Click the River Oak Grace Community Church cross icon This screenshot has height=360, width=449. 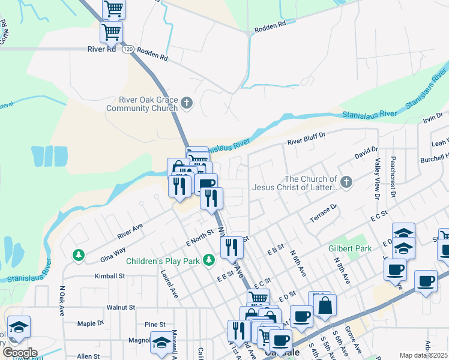point(187,103)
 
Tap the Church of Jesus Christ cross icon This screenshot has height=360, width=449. point(346,181)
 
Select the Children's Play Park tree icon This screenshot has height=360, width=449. point(208,260)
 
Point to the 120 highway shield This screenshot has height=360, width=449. point(128,50)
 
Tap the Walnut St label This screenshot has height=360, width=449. point(120,307)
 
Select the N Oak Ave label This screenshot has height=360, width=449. point(62,301)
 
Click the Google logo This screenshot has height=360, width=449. point(20,353)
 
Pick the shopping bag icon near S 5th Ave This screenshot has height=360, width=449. point(325,305)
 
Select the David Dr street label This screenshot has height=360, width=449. point(366,152)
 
